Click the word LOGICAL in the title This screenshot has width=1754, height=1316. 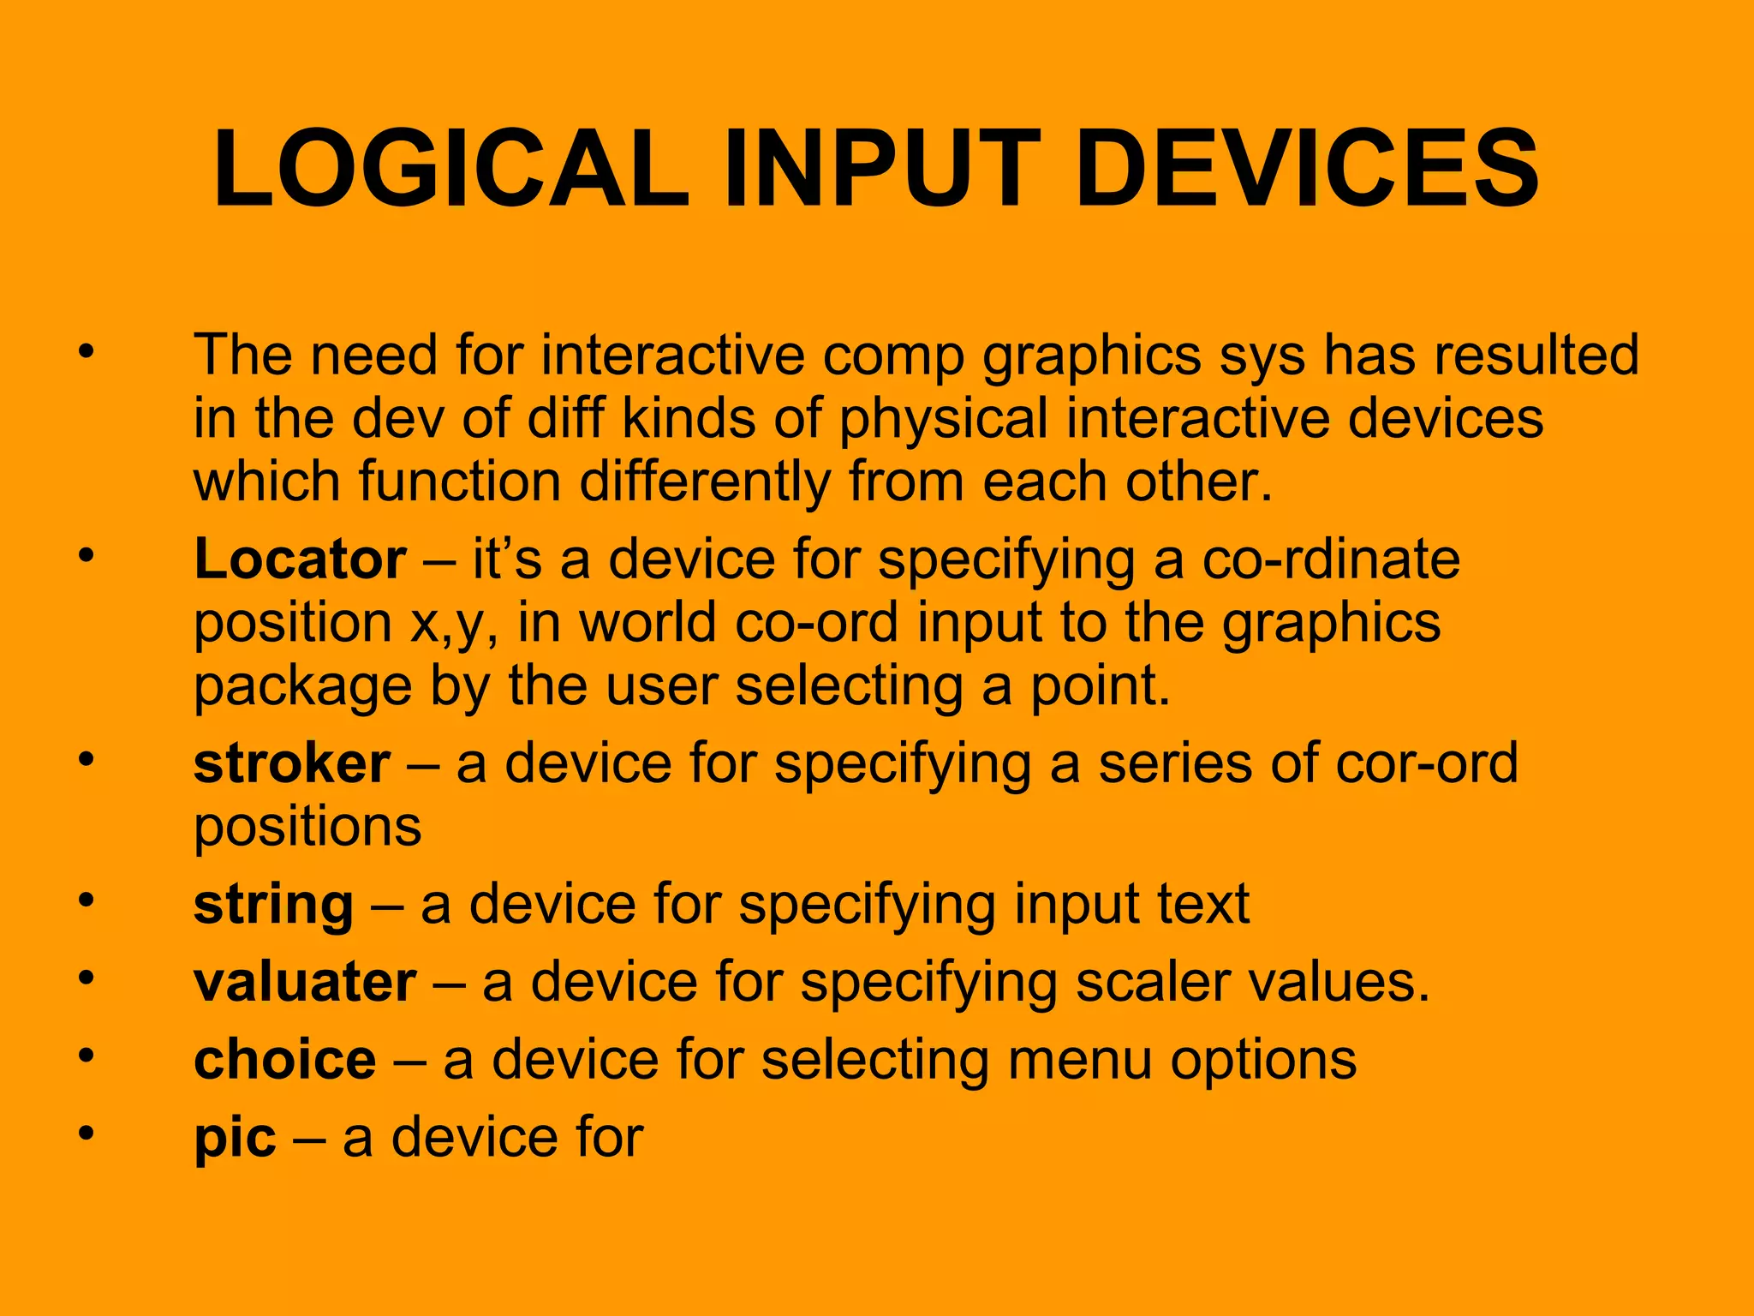(x=451, y=169)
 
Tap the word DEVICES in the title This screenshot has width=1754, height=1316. (x=1307, y=169)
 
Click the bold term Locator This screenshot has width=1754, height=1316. (x=300, y=559)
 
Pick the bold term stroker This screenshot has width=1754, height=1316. (x=292, y=763)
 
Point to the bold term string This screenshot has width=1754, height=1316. (x=273, y=906)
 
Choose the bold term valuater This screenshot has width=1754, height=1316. (x=305, y=982)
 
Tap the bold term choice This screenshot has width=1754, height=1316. (x=285, y=1060)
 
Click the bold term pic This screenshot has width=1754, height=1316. (x=235, y=1139)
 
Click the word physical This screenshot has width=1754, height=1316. (x=943, y=420)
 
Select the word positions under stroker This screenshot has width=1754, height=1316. (x=307, y=827)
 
